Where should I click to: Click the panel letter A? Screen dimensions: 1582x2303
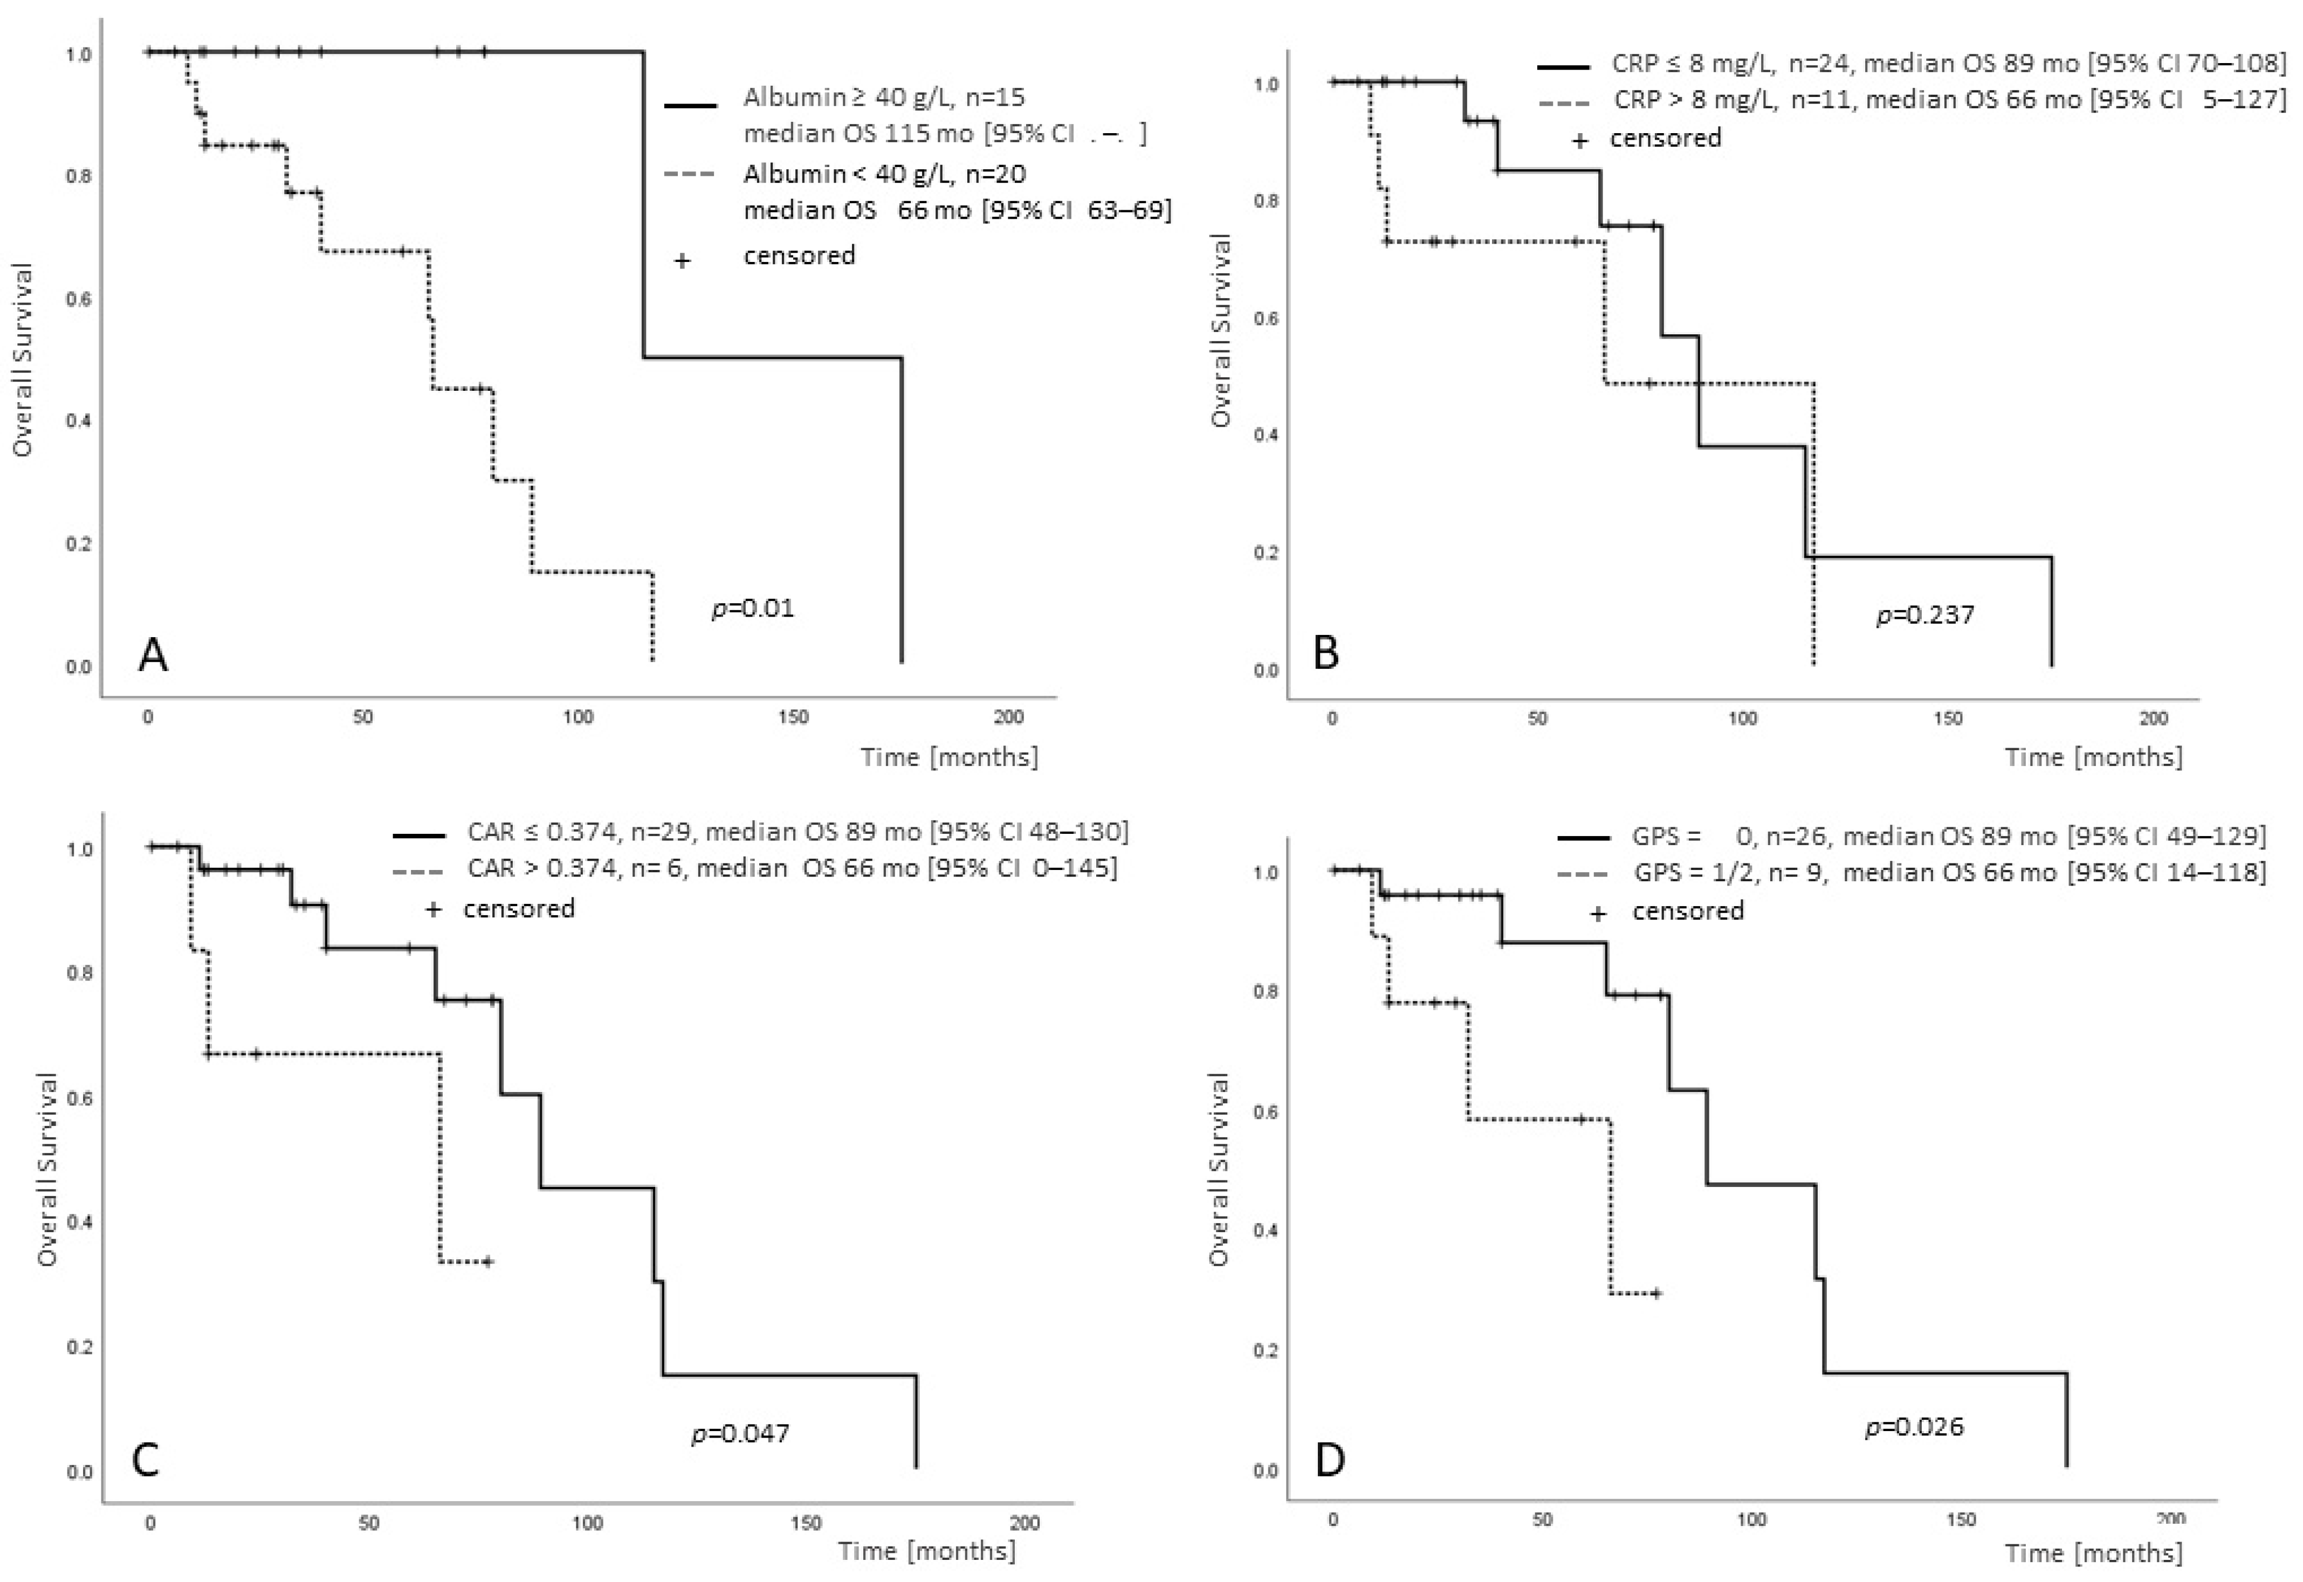tap(153, 655)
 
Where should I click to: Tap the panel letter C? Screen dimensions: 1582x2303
tap(146, 1460)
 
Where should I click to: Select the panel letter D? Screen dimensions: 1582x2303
tap(1330, 1460)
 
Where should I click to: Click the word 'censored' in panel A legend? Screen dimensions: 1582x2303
tap(799, 255)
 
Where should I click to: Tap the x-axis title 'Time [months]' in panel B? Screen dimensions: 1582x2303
tap(2093, 757)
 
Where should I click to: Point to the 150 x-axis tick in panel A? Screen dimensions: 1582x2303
tap(793, 717)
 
